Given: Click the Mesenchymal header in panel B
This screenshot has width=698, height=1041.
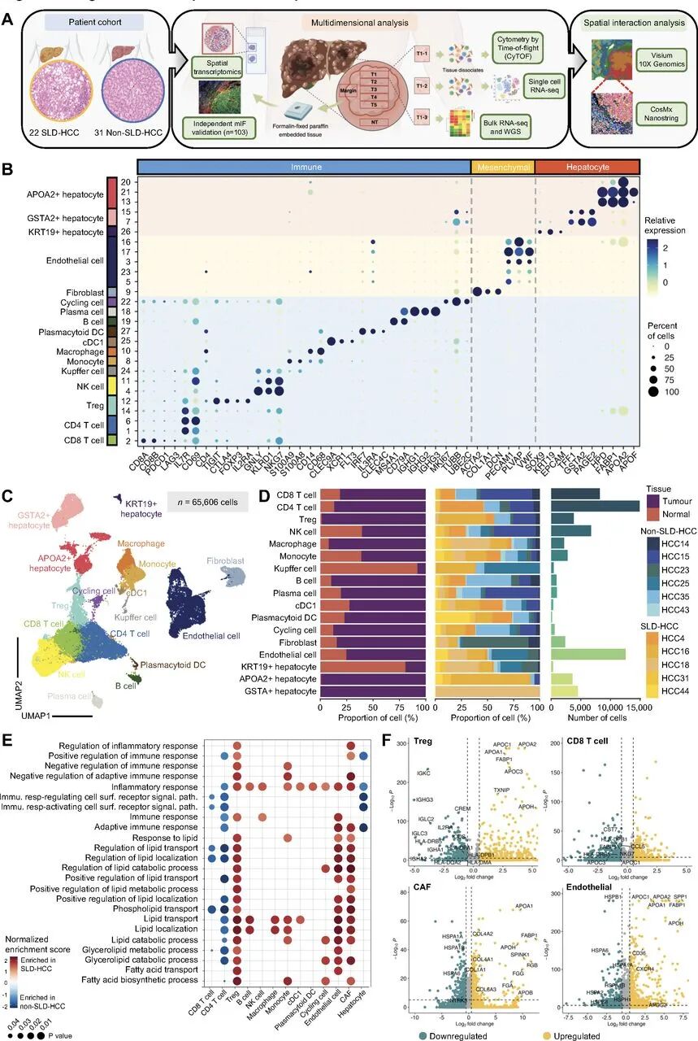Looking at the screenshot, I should coord(501,166).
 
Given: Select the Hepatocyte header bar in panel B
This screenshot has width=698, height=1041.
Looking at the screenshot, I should coord(587,166).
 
